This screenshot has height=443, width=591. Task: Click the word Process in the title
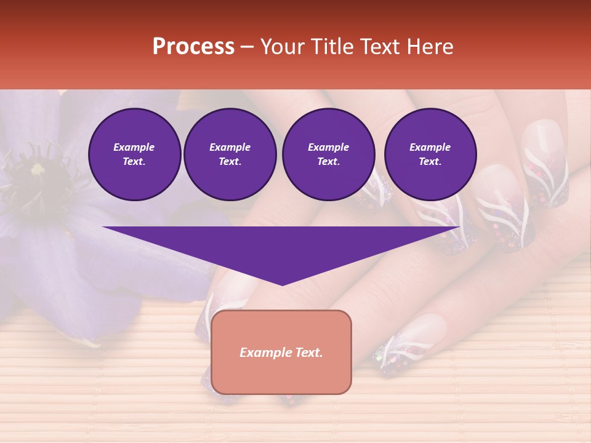[193, 47]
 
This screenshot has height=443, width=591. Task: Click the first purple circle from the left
[134, 154]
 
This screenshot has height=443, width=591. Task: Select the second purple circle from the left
[230, 154]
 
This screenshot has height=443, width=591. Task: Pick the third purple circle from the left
[328, 154]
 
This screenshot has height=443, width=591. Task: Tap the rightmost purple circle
[430, 154]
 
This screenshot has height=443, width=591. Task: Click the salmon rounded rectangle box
[281, 352]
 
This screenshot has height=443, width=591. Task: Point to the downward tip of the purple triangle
[282, 284]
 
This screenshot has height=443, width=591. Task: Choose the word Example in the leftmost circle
[134, 148]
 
